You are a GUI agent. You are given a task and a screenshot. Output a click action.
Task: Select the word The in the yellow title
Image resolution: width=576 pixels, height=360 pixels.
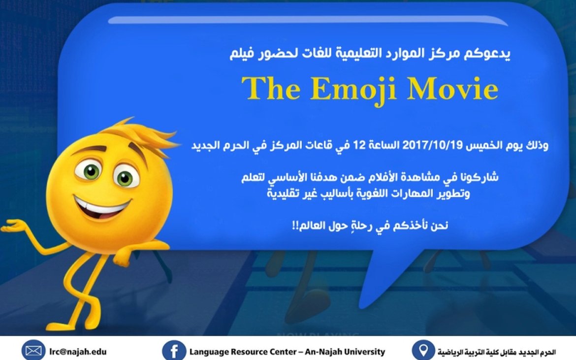click(x=271, y=88)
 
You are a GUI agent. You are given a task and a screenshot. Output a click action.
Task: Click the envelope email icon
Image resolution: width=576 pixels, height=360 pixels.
click(x=33, y=351)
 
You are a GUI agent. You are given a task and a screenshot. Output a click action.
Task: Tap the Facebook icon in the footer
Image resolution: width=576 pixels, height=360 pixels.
click(x=174, y=351)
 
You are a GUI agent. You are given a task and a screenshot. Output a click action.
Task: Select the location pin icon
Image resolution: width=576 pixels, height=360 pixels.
click(x=423, y=350)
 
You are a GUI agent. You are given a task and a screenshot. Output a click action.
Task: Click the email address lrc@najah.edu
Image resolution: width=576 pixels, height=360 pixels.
click(x=78, y=352)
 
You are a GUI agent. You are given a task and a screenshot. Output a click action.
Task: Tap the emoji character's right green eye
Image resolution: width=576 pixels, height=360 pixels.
click(x=125, y=177)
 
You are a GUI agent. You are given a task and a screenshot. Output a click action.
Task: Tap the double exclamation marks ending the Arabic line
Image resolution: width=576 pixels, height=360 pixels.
click(x=295, y=226)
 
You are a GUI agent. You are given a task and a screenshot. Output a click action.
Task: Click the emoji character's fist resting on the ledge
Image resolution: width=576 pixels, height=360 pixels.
click(x=123, y=257)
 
